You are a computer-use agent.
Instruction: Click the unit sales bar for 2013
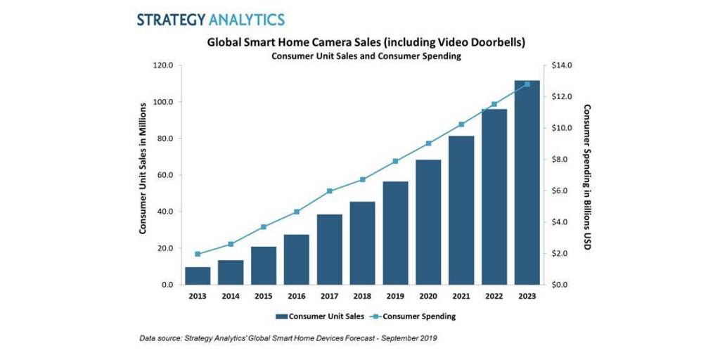tap(198, 276)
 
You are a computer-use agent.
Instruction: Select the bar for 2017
tap(329, 250)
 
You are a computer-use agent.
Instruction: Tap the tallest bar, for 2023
tap(527, 183)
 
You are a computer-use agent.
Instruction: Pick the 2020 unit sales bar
tap(428, 222)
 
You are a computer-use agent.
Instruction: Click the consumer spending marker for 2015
tap(264, 227)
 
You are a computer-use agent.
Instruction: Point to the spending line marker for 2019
tap(395, 161)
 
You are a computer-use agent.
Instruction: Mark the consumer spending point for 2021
tap(461, 124)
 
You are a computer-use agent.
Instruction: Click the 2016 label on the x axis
tap(296, 296)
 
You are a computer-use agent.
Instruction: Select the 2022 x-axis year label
tap(494, 296)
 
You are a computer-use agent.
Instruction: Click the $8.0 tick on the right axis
tap(562, 160)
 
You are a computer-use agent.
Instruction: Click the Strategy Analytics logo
tap(210, 19)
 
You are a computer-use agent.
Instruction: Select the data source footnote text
tap(288, 339)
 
